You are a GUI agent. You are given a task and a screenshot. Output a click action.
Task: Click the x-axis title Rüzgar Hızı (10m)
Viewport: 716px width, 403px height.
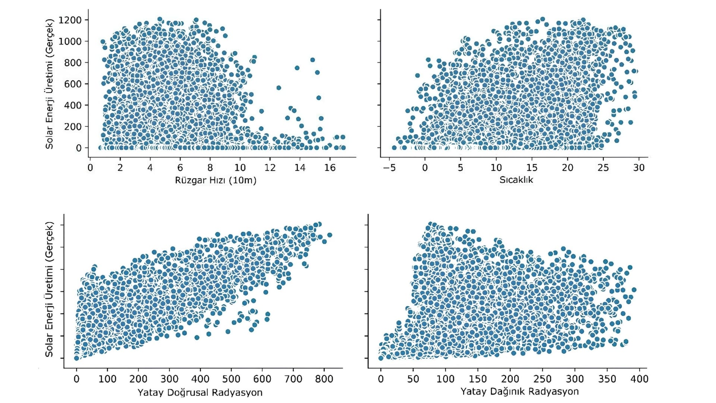pos(216,181)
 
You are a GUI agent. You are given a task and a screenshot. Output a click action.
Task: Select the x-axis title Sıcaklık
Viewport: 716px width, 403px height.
pos(516,180)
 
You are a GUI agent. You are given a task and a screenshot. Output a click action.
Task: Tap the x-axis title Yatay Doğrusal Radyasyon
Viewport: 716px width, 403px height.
pos(200,393)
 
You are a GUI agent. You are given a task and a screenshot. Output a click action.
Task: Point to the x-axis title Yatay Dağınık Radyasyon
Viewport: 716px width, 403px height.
pos(519,391)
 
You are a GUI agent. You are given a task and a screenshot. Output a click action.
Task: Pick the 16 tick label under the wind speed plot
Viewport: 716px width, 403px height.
pos(330,168)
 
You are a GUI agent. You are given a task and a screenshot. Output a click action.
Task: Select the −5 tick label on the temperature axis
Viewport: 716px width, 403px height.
pos(389,168)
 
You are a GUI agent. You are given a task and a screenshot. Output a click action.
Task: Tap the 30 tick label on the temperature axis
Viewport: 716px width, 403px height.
pos(638,168)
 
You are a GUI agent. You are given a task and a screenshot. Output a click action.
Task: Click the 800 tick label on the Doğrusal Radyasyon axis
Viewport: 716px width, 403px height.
pos(324,379)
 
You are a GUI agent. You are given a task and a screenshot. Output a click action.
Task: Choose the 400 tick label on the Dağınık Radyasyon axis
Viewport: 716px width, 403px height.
pos(639,379)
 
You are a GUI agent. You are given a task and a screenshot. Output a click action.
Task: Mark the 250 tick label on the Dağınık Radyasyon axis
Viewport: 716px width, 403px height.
pos(542,379)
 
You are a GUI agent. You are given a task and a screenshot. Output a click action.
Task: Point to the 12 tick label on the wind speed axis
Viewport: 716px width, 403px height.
pos(270,168)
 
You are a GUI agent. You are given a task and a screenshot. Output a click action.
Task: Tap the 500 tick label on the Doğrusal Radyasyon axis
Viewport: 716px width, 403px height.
pos(231,379)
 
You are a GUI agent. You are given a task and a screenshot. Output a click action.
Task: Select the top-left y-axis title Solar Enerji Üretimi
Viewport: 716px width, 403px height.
pos(50,84)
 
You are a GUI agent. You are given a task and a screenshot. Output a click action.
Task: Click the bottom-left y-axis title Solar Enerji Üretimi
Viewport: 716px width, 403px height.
pos(50,289)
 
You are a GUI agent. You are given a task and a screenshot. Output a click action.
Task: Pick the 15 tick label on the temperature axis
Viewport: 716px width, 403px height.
pos(532,168)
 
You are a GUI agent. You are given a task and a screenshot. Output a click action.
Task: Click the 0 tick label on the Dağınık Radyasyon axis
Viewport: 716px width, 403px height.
pos(381,379)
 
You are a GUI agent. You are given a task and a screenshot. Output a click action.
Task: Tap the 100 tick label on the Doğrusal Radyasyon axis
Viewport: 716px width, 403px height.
pos(107,379)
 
